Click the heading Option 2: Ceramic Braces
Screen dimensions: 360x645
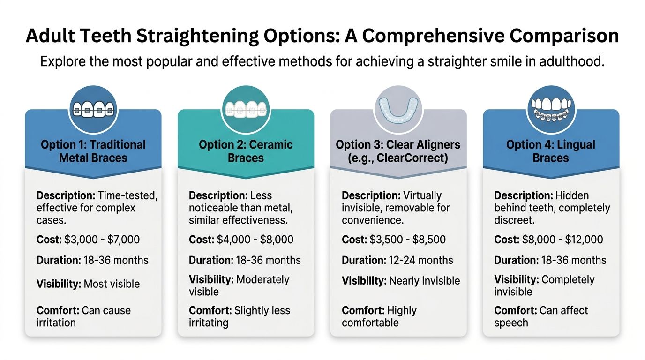click(x=246, y=151)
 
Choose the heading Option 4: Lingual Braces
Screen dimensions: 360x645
click(x=551, y=151)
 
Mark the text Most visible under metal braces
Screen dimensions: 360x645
click(x=112, y=284)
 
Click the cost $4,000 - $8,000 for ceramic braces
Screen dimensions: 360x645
click(x=255, y=240)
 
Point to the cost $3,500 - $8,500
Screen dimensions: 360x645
click(x=407, y=240)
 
